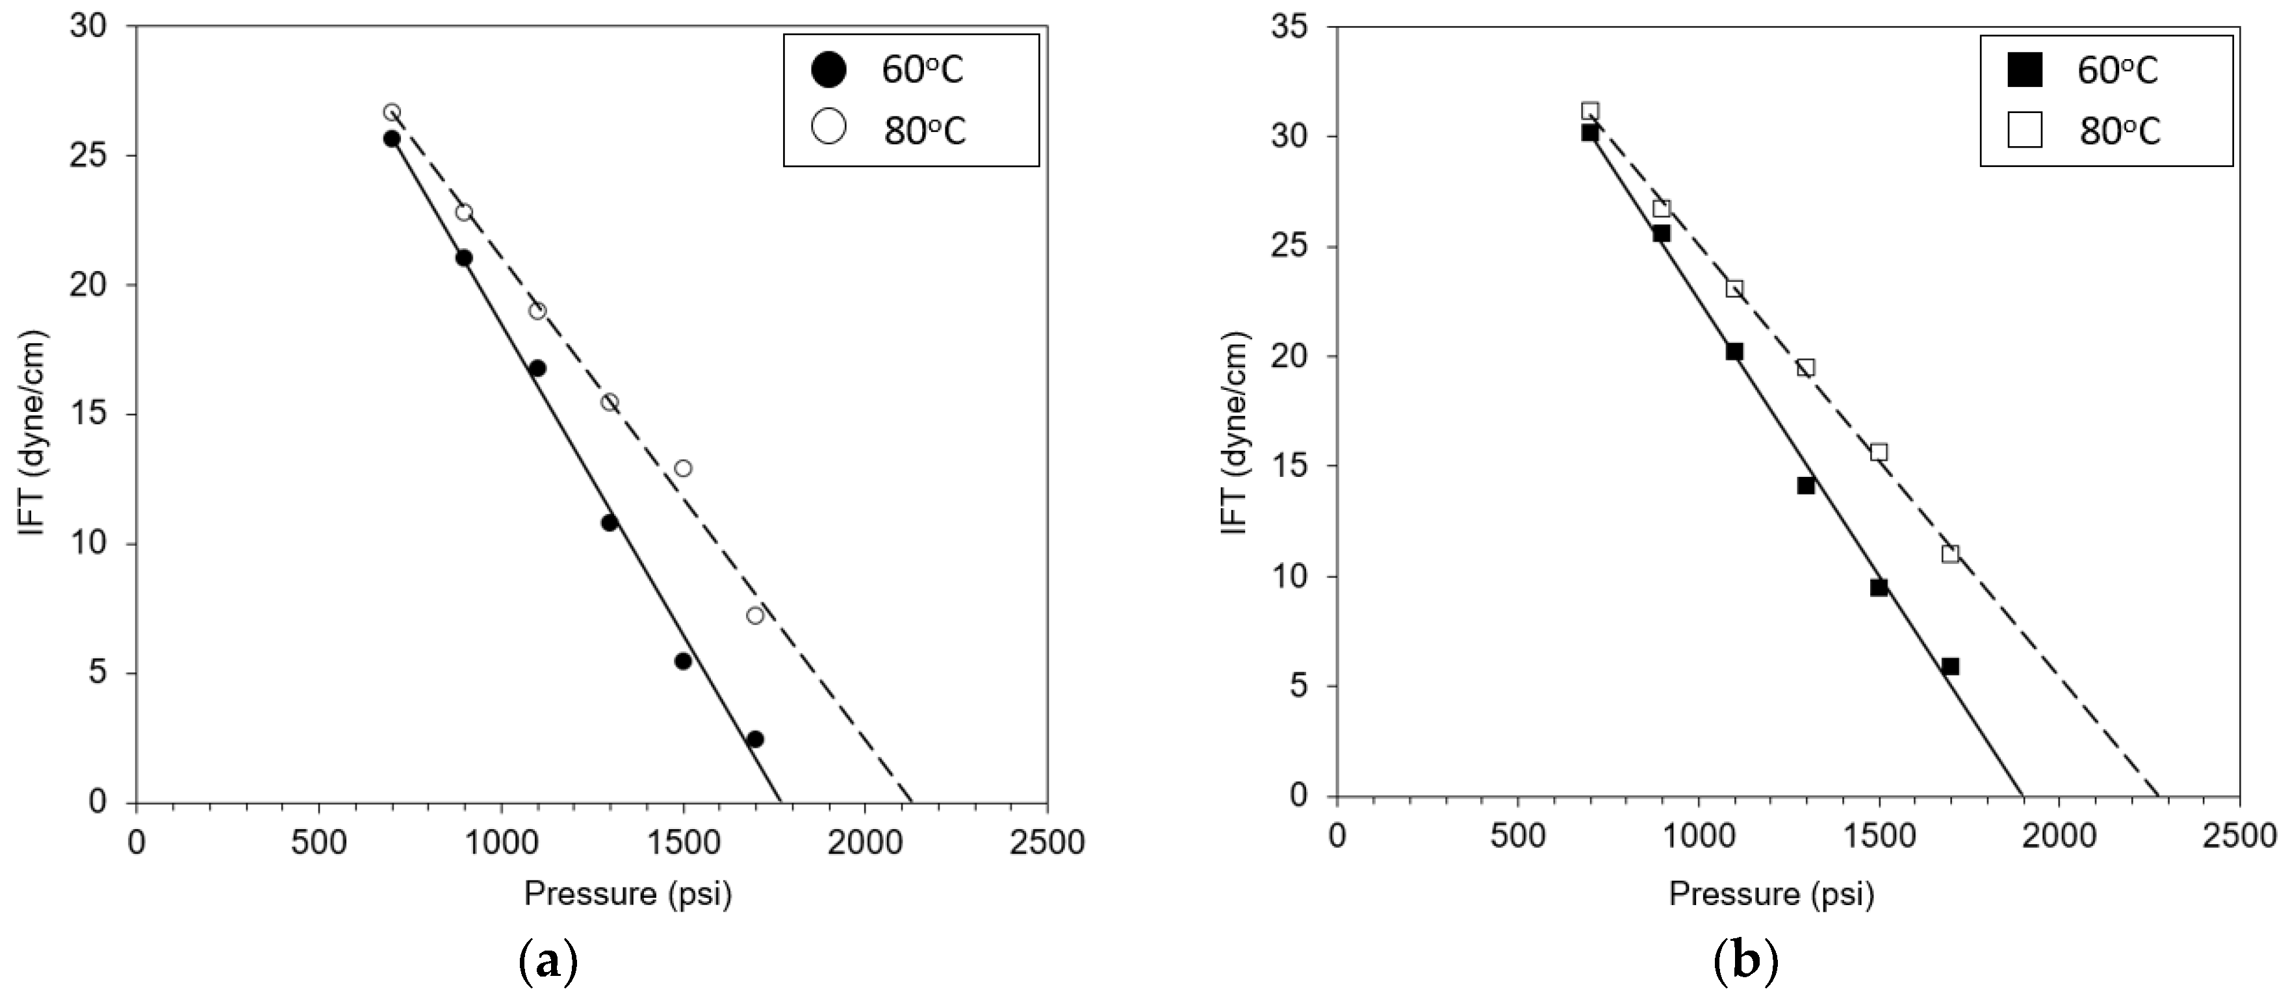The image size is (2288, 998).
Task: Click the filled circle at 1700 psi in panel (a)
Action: pos(755,739)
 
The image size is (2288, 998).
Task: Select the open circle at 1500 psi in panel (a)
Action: pos(683,468)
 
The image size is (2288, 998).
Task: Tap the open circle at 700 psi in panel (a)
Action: pos(392,112)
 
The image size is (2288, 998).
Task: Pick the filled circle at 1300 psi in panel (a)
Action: pos(610,522)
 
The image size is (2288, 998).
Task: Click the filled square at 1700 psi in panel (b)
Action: pos(1951,666)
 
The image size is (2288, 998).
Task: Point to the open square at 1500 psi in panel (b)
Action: pos(1879,452)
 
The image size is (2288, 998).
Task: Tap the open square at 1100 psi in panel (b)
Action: pos(1734,288)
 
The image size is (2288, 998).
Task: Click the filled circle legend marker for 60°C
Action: pos(830,70)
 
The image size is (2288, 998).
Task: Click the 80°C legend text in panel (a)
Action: pos(924,131)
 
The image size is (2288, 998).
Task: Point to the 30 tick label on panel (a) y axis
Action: pos(90,27)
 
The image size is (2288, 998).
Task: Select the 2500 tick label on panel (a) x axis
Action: pos(1046,841)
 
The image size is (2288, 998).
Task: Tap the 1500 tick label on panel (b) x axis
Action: pos(1879,836)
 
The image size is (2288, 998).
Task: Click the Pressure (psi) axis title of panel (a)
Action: pos(627,893)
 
